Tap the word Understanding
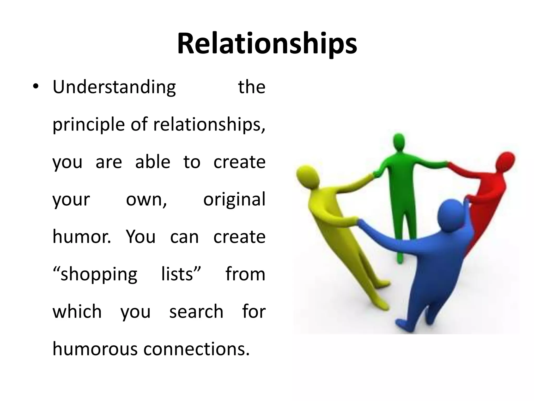click(x=114, y=87)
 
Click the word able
click(x=153, y=162)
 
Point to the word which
click(x=77, y=312)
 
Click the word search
click(x=196, y=312)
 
